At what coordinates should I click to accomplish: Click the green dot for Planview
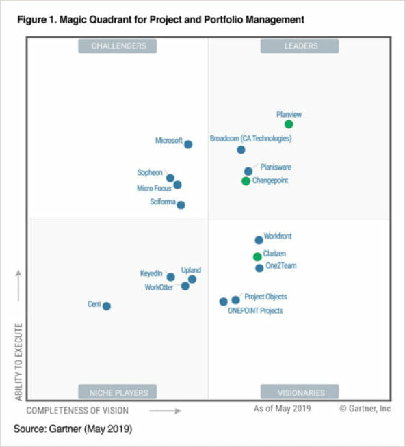pyautogui.click(x=289, y=124)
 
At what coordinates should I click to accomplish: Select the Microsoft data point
pyautogui.click(x=188, y=144)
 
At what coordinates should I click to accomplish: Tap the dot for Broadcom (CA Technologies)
pyautogui.click(x=241, y=150)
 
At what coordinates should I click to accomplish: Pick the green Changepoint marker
pyautogui.click(x=246, y=181)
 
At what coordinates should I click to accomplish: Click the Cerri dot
pyautogui.click(x=107, y=306)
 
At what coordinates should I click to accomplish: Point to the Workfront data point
pyautogui.click(x=259, y=240)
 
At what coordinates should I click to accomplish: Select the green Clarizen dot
pyautogui.click(x=257, y=257)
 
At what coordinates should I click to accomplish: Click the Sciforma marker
pyautogui.click(x=181, y=204)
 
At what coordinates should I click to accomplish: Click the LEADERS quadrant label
pyautogui.click(x=299, y=46)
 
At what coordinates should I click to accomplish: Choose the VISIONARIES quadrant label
pyautogui.click(x=299, y=392)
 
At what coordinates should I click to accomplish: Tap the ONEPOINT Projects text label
pyautogui.click(x=254, y=311)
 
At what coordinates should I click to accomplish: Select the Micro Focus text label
pyautogui.click(x=153, y=188)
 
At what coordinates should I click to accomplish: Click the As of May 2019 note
pyautogui.click(x=282, y=409)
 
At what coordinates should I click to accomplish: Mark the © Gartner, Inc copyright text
pyautogui.click(x=365, y=409)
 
